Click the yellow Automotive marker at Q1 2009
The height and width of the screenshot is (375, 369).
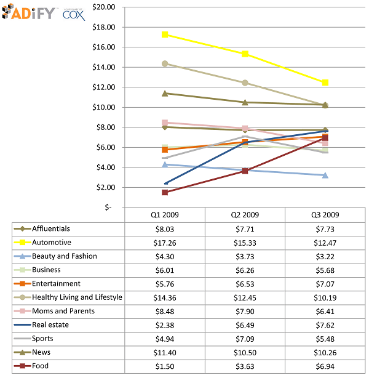pyautogui.click(x=165, y=34)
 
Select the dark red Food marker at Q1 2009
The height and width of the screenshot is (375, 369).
pyautogui.click(x=165, y=192)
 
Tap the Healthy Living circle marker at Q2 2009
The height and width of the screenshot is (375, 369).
pyautogui.click(x=245, y=83)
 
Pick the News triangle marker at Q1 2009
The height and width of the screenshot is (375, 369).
pyautogui.click(x=165, y=93)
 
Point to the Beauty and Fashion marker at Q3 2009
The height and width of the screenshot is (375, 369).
pyautogui.click(x=325, y=175)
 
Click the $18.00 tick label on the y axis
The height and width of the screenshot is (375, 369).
pyautogui.click(x=103, y=27)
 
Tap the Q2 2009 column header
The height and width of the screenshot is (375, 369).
pyautogui.click(x=245, y=215)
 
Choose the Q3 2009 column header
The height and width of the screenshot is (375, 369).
pyautogui.click(x=325, y=215)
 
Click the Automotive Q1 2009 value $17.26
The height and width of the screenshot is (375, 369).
pyautogui.click(x=165, y=243)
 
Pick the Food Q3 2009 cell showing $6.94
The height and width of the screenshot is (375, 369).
pyautogui.click(x=325, y=366)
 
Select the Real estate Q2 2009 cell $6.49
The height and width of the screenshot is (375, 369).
pyautogui.click(x=245, y=325)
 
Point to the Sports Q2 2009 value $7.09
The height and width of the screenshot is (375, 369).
pyautogui.click(x=245, y=339)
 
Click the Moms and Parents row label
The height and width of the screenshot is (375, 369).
pyautogui.click(x=63, y=311)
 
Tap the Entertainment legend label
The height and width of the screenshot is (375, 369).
pyautogui.click(x=56, y=284)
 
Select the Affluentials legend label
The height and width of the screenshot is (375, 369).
pyautogui.click(x=51, y=228)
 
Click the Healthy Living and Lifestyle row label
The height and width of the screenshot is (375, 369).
pyautogui.click(x=77, y=297)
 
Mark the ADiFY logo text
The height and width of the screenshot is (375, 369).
pyautogui.click(x=34, y=14)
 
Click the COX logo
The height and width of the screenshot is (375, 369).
pyautogui.click(x=74, y=15)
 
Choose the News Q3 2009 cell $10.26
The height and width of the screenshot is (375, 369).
pyautogui.click(x=325, y=352)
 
